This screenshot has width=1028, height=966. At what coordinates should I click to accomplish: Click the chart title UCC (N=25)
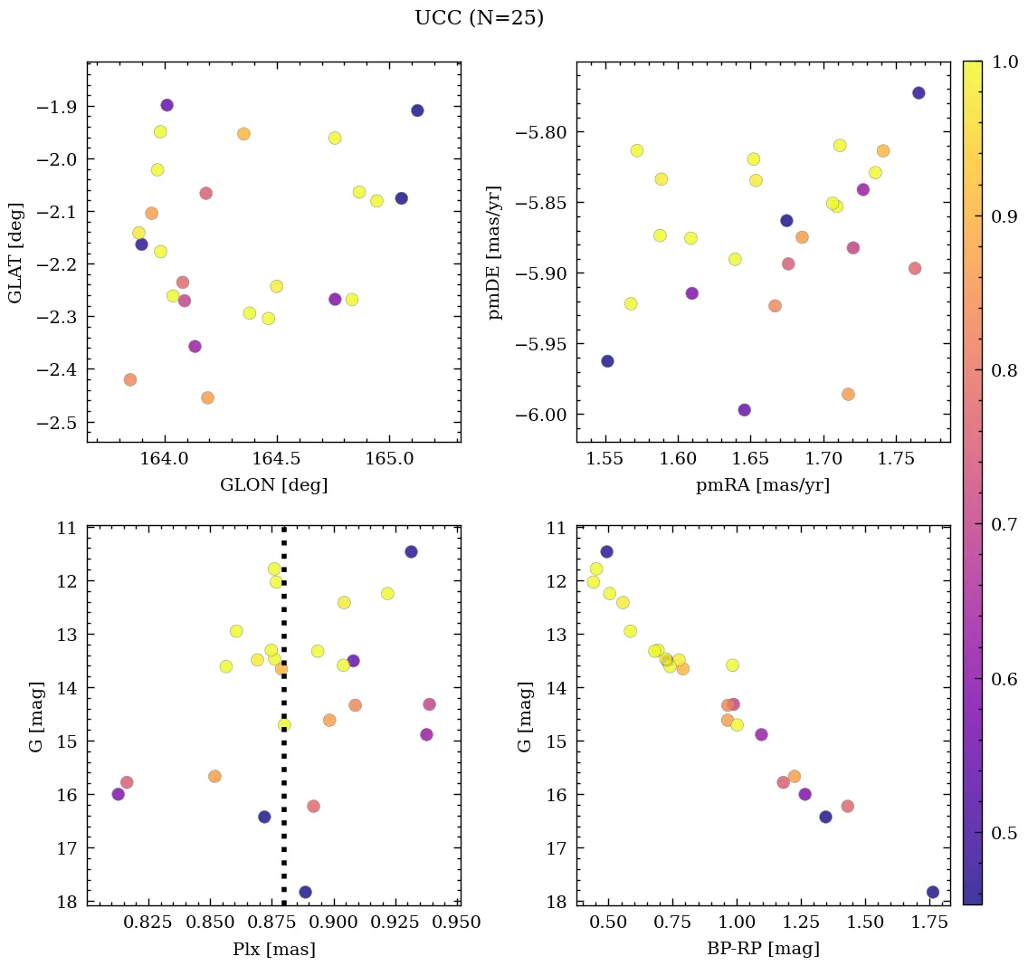[479, 18]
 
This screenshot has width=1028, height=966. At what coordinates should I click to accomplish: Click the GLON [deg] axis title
[273, 485]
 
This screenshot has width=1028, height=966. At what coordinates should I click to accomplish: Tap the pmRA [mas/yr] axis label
[762, 485]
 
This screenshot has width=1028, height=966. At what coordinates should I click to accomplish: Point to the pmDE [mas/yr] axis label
[495, 252]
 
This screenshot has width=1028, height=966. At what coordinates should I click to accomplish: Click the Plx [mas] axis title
[273, 950]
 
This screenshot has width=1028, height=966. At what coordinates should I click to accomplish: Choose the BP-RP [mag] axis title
[763, 950]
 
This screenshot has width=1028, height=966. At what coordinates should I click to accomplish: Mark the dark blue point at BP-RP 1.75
[933, 892]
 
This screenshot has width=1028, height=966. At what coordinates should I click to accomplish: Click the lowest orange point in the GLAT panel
[207, 397]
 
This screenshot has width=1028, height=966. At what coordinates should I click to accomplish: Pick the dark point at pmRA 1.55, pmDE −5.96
[607, 361]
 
